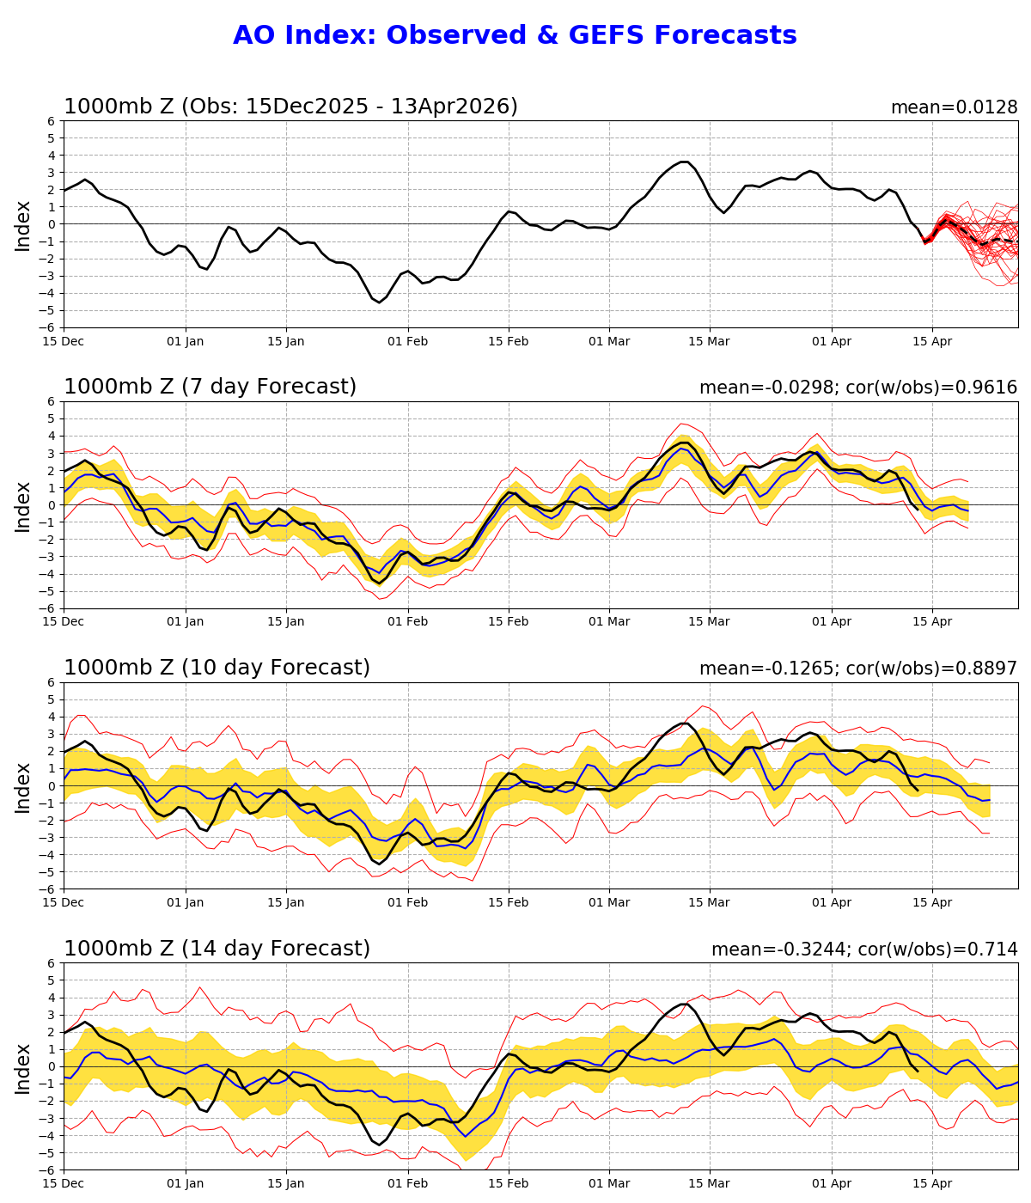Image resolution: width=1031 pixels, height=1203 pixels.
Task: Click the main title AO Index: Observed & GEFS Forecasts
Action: tap(515, 36)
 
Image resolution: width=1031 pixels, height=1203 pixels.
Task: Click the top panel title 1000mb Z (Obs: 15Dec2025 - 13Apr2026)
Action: tap(290, 107)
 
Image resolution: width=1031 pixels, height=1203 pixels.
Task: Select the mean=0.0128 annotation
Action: tap(954, 107)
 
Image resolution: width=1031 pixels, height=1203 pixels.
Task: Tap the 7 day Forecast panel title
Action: tap(210, 387)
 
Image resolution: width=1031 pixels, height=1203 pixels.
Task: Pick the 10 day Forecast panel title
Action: tap(217, 668)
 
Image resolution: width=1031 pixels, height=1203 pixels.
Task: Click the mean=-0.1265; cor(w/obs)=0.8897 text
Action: tap(857, 669)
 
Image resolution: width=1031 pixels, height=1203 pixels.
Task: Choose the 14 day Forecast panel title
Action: tap(217, 949)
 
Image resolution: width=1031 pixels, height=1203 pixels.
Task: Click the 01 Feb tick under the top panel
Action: tap(407, 341)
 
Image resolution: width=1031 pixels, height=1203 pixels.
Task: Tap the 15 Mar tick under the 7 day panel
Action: tap(710, 622)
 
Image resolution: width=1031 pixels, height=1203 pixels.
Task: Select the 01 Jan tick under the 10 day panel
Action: tap(186, 902)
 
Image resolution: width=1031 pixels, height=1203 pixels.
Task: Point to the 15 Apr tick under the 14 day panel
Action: tap(932, 1183)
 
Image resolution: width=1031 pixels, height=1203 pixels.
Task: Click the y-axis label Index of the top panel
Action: tap(23, 225)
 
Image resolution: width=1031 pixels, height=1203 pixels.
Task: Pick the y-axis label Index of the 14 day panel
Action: tap(23, 1067)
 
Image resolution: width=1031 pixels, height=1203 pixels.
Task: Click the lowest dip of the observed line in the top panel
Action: tap(379, 302)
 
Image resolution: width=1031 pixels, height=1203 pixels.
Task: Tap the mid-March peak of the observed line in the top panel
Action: tap(685, 162)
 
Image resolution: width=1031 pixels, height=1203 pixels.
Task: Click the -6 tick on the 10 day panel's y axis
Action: tap(50, 889)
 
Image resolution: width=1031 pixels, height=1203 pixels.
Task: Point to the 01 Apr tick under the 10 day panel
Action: tap(832, 902)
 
